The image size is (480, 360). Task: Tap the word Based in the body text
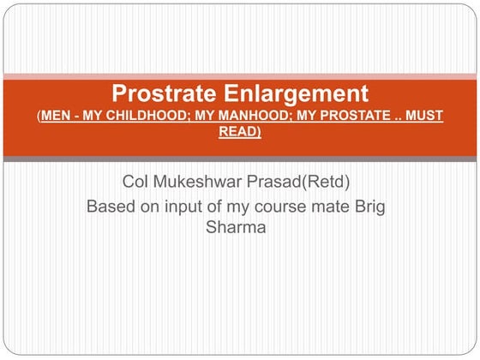pos(111,207)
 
